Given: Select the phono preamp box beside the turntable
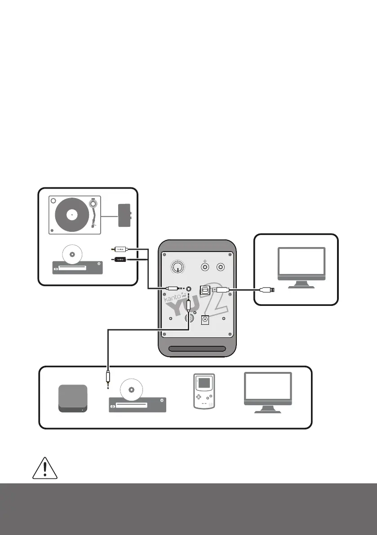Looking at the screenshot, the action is tap(124, 215).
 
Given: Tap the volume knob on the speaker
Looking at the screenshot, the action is tap(178, 267).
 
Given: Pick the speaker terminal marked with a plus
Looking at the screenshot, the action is tap(205, 267).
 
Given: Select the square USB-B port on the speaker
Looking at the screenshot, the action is tap(205, 290).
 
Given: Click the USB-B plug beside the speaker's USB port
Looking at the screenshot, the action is tap(222, 290).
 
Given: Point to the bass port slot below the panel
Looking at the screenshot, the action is tap(198, 349).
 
